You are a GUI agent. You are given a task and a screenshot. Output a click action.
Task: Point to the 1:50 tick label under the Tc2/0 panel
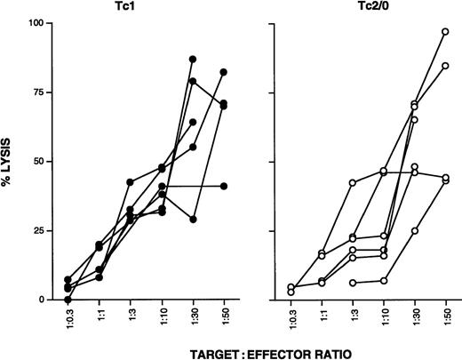(445, 318)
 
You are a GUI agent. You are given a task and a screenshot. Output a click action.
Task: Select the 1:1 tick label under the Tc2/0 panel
(322, 318)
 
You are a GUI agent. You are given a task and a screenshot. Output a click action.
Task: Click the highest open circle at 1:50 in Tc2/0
(445, 32)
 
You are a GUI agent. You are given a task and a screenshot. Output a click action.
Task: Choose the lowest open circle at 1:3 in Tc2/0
(353, 283)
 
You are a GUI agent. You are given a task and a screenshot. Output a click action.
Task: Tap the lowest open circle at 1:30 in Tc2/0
(414, 231)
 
